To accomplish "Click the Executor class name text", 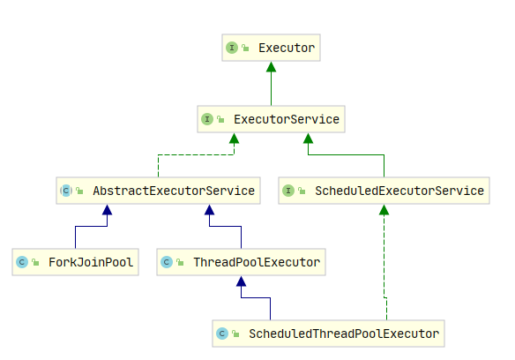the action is click(x=287, y=48).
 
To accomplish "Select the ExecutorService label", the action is click(x=287, y=119).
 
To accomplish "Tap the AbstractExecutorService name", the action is click(x=174, y=191).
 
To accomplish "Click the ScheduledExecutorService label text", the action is click(x=399, y=191).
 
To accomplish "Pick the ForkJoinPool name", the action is click(x=91, y=262).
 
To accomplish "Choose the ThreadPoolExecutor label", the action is click(x=257, y=262).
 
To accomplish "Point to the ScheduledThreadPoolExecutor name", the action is click(x=344, y=334).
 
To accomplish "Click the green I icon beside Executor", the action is click(x=232, y=48).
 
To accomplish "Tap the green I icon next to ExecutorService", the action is click(x=207, y=119).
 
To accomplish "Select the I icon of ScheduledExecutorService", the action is click(x=288, y=191).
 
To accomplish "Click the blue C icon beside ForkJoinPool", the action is click(x=22, y=262).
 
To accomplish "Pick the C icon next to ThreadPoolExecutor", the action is click(x=167, y=262).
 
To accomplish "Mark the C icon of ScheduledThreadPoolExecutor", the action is click(x=222, y=334).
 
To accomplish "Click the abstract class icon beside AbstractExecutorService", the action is click(x=66, y=191).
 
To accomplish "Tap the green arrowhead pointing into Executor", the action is click(x=271, y=67).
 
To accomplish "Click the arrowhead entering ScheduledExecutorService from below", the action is click(x=384, y=210).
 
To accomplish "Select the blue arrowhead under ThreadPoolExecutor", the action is click(x=241, y=281).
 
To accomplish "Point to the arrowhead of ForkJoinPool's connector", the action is click(x=107, y=210).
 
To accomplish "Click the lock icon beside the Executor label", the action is click(x=245, y=48).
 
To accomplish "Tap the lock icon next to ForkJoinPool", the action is click(x=35, y=262).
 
